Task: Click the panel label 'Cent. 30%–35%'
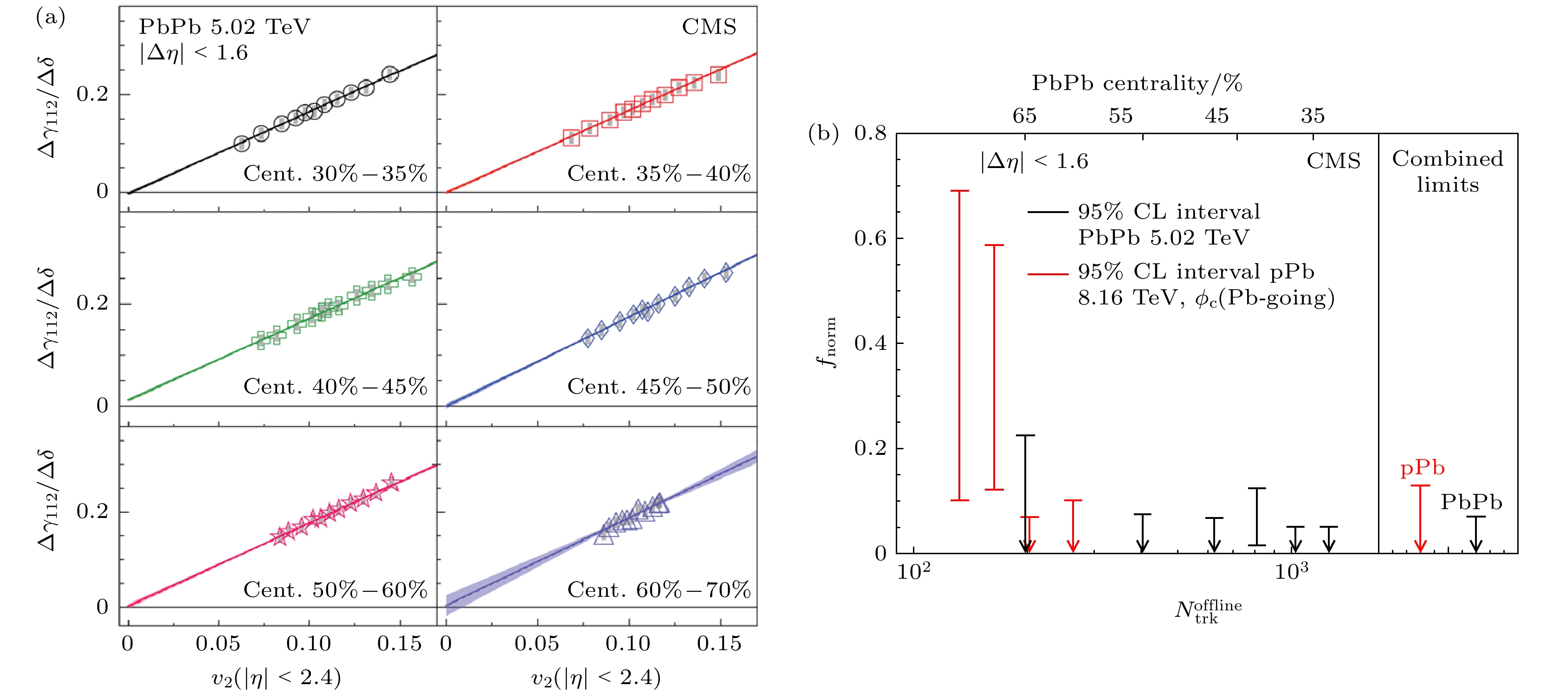335,174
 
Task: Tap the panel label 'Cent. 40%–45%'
335,387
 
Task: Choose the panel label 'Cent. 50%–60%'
335,590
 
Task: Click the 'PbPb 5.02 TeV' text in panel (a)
224,27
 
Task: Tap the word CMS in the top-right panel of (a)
709,27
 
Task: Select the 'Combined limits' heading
1448,171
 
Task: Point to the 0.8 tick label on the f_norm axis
870,133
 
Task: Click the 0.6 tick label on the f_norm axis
870,238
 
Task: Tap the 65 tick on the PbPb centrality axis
1024,116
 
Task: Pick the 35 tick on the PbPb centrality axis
1313,116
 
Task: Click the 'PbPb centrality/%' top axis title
1137,83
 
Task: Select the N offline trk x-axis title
1208,611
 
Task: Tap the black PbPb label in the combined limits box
1471,502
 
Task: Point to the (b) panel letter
823,134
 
